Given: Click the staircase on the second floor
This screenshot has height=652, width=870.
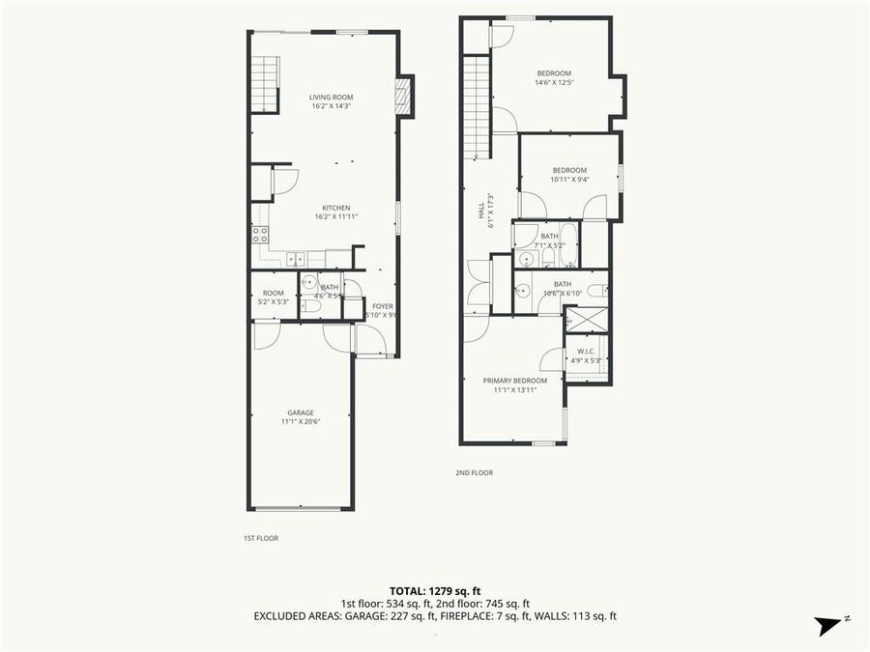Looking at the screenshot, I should point(477,107).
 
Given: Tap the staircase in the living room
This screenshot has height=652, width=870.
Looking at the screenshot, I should point(265,84).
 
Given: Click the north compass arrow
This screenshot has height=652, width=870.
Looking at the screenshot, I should point(830,625).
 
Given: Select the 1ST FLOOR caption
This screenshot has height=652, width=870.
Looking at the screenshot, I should point(261,538).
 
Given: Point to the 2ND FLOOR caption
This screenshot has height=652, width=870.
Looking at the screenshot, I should point(475,473).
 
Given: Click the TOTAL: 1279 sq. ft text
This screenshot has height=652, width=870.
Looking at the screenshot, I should point(435,589).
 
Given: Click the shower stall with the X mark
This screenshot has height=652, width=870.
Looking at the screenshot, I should point(587,319).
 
